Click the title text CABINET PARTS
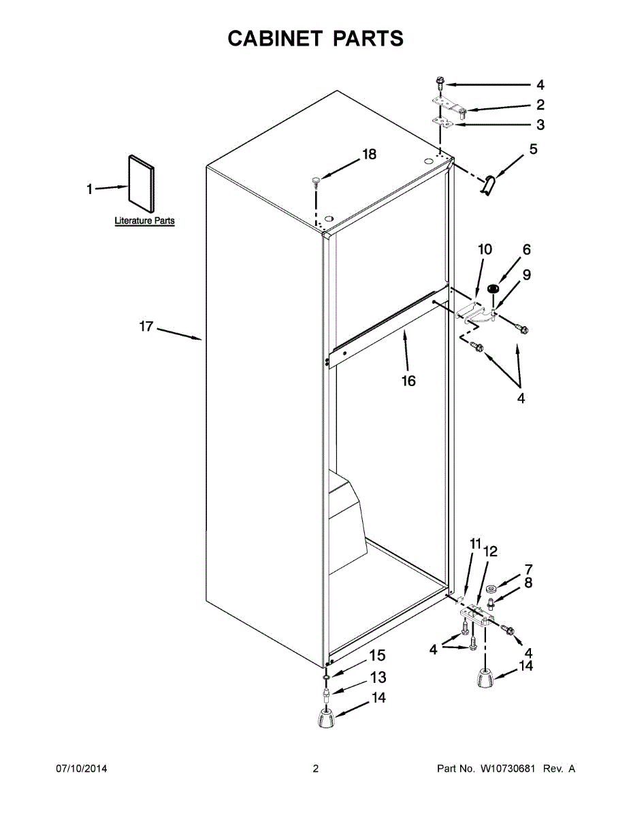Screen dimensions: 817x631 (x=315, y=39)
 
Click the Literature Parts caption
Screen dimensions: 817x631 (x=144, y=221)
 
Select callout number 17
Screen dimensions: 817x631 (x=146, y=327)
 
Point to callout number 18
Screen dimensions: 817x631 (x=368, y=155)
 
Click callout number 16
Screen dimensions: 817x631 (x=408, y=381)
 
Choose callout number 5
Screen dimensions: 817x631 (x=533, y=148)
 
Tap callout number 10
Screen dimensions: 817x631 (x=484, y=249)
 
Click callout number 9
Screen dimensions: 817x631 (x=527, y=274)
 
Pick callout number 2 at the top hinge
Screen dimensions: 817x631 (x=540, y=105)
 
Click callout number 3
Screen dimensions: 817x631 (x=540, y=125)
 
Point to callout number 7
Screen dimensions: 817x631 (x=528, y=568)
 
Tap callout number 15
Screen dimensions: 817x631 (x=377, y=656)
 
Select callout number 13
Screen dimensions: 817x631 (x=378, y=677)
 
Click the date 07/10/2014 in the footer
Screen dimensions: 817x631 (x=81, y=769)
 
